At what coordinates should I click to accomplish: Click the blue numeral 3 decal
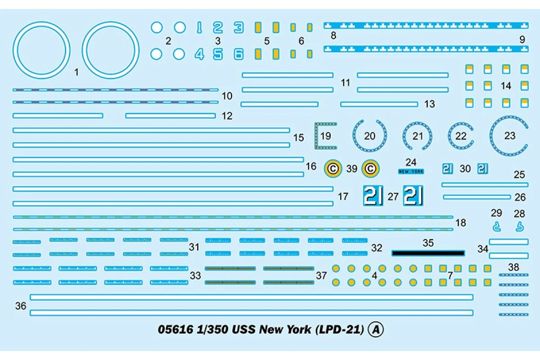click(238, 27)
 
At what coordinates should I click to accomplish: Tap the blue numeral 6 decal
click(238, 54)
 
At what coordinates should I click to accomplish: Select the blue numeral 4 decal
click(199, 54)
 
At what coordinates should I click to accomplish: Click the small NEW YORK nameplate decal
click(411, 171)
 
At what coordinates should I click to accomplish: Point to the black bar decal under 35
click(427, 253)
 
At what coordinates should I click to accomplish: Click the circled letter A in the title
click(376, 330)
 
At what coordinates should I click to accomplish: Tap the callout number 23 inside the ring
click(509, 135)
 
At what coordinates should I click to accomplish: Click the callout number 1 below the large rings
click(76, 72)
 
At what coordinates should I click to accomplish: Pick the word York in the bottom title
click(298, 329)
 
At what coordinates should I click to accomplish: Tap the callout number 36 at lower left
click(21, 306)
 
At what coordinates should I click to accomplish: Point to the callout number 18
click(460, 223)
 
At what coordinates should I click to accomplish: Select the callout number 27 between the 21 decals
click(393, 197)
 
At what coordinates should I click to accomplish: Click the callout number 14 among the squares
click(506, 85)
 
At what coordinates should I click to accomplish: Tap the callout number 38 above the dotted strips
click(513, 267)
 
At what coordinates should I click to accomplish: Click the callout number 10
click(227, 96)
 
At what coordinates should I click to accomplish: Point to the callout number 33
click(195, 275)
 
